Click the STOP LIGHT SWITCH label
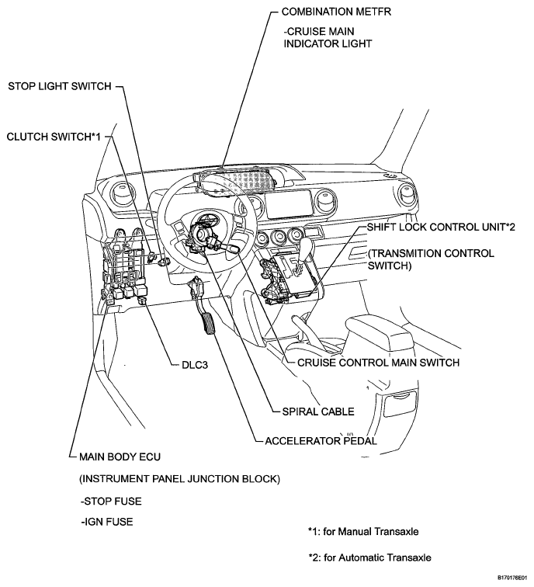(60, 86)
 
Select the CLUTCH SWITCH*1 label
(54, 137)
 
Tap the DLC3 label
(195, 365)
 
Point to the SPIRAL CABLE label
(318, 412)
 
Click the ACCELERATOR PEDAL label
(321, 441)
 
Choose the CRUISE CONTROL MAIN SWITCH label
(378, 363)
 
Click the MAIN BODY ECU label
(120, 457)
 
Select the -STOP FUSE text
(111, 502)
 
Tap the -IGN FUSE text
(107, 522)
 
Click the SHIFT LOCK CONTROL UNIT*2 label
(441, 228)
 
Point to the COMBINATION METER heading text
(336, 12)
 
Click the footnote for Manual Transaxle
(363, 532)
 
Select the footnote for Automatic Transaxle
(369, 557)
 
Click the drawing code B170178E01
(512, 578)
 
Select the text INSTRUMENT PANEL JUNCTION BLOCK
(179, 479)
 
